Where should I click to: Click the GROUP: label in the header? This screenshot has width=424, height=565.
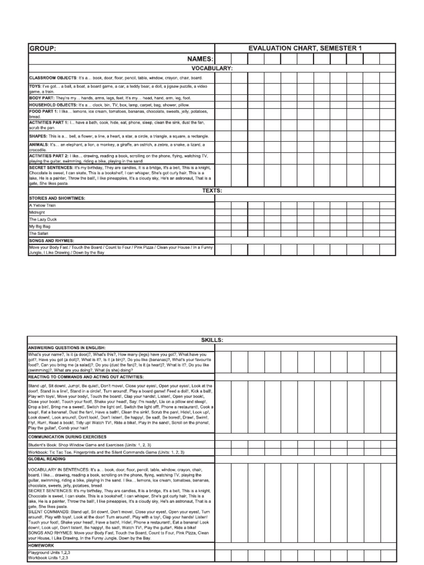pyautogui.click(x=43, y=49)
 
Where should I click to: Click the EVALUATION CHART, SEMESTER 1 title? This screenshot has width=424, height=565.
pyautogui.click(x=305, y=49)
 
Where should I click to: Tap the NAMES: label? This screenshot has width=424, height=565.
pyautogui.click(x=200, y=58)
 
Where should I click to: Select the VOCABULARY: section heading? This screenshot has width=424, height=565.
pyautogui.click(x=211, y=68)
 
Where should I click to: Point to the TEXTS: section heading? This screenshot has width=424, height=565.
pyautogui.click(x=211, y=190)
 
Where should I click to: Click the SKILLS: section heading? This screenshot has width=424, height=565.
pyautogui.click(x=211, y=340)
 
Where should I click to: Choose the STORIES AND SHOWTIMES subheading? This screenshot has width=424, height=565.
pyautogui.click(x=57, y=198)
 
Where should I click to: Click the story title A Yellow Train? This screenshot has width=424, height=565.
pyautogui.click(x=43, y=205)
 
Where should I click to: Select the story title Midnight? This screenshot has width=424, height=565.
pyautogui.click(x=37, y=212)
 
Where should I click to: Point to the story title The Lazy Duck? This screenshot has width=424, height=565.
pyautogui.click(x=43, y=219)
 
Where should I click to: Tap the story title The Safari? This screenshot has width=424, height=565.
pyautogui.click(x=39, y=233)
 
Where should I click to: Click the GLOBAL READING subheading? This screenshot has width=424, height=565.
pyautogui.click(x=47, y=459)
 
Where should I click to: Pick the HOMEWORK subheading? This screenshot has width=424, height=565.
pyautogui.click(x=41, y=545)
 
